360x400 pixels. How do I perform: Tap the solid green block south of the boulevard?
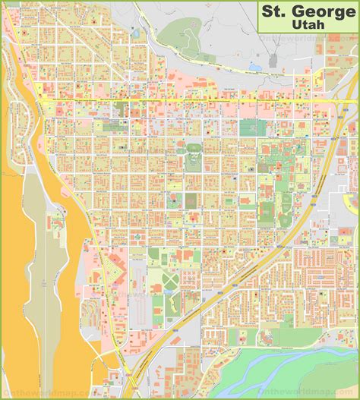tap(249, 128)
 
